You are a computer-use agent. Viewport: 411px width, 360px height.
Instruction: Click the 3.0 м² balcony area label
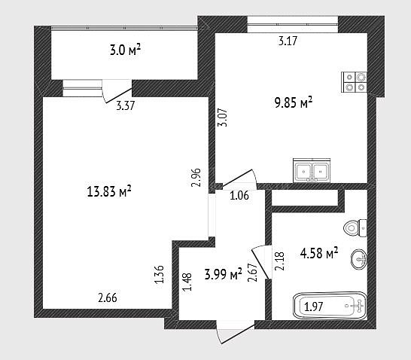(125, 50)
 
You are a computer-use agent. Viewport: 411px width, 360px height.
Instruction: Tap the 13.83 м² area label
(109, 191)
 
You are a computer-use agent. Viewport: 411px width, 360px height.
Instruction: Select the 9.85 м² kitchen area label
(294, 102)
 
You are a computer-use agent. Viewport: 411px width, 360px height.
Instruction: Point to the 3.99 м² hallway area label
(223, 275)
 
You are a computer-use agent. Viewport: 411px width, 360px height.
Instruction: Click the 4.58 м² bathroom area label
(319, 253)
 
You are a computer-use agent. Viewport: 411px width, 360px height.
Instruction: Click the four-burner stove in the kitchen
(354, 82)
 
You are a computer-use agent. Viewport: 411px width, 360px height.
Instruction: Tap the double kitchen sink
(312, 170)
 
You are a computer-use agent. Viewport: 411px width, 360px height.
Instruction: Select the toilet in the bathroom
(355, 228)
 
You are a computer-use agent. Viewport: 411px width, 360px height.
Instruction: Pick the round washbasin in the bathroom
(359, 259)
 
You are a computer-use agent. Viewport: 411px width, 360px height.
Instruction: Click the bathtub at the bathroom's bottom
(330, 306)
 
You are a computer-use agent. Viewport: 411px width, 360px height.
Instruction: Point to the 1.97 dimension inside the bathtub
(313, 307)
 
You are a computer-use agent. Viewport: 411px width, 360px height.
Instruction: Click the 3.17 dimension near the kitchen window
(288, 41)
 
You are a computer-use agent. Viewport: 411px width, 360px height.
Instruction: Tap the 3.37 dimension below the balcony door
(125, 105)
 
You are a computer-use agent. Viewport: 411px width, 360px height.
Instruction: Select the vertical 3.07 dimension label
(223, 117)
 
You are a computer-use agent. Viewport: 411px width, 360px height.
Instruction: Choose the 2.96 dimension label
(196, 177)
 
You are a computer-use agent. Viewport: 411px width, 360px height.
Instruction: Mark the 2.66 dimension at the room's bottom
(108, 297)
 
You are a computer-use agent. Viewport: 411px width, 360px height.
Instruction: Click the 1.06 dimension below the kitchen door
(239, 196)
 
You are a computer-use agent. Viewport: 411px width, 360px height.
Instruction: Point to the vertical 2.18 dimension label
(279, 261)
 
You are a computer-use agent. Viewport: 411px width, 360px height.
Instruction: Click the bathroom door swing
(260, 262)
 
